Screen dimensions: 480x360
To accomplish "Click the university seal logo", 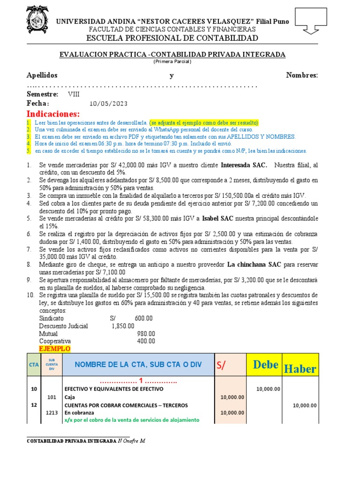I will pos(36,22).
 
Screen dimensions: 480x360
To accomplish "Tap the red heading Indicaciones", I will pos(53,114).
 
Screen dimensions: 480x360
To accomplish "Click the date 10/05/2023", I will pos(108,104).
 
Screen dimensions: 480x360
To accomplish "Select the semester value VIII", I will pos(74,94).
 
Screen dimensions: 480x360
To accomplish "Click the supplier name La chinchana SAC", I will pos(254,264).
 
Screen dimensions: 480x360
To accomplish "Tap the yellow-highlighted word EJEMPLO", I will pos(54,349).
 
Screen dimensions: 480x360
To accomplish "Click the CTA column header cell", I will pos(34,365).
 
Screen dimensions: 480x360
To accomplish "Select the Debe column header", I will pos(265,365).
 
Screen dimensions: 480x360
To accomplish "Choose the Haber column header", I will pos(300,368).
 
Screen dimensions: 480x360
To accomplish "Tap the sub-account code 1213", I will pos(52,412).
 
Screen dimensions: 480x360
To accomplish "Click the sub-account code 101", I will pos(52,397).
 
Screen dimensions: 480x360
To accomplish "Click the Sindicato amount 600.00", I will pos(143,318).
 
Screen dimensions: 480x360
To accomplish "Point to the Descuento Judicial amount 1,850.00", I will pos(123,326).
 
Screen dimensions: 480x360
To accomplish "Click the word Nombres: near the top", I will pos(302,75).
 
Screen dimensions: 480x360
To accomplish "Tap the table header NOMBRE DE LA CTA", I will pos(138,365).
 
